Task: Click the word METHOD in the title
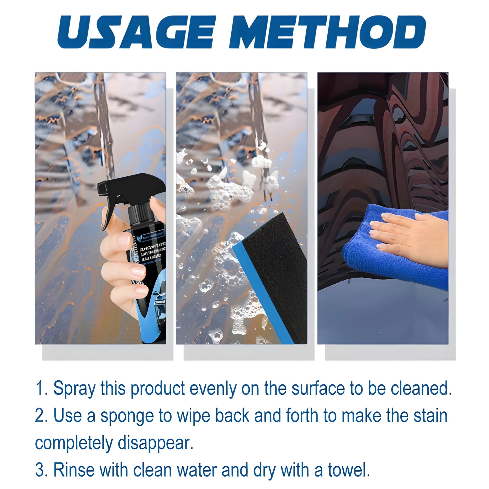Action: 326,32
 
